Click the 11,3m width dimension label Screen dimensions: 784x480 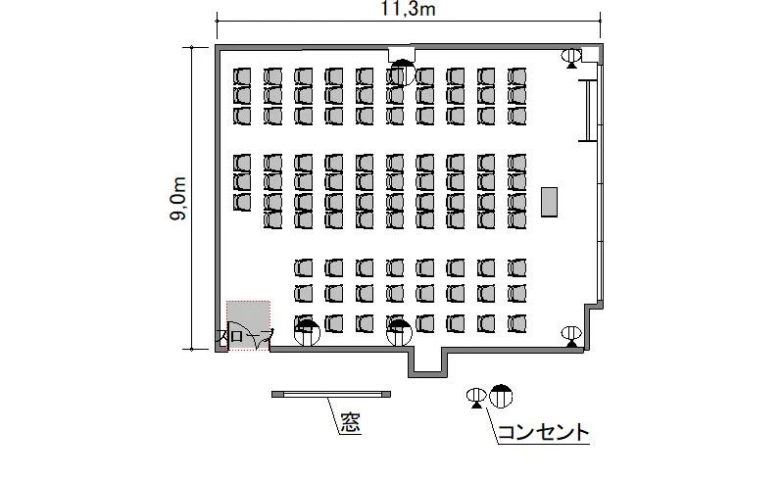tap(408, 9)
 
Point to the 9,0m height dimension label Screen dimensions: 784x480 tap(178, 199)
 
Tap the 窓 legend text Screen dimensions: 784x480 tap(351, 423)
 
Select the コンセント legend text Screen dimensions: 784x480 tap(544, 433)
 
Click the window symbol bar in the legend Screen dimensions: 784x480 tap(331, 394)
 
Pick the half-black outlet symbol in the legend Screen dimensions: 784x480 tap(501, 396)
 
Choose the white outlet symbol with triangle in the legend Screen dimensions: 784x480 tap(476, 398)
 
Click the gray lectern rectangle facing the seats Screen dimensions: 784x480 tap(549, 202)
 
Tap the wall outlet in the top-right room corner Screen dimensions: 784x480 tap(571, 58)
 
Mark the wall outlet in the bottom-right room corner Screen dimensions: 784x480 tap(571, 336)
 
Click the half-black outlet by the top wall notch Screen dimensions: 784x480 tap(403, 72)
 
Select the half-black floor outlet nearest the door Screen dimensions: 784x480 tap(307, 333)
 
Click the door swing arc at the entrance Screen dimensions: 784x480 tap(262, 341)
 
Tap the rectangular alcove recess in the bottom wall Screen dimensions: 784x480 tap(427, 361)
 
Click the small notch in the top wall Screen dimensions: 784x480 tap(402, 53)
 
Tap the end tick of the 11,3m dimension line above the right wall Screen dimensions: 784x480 tap(600, 21)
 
